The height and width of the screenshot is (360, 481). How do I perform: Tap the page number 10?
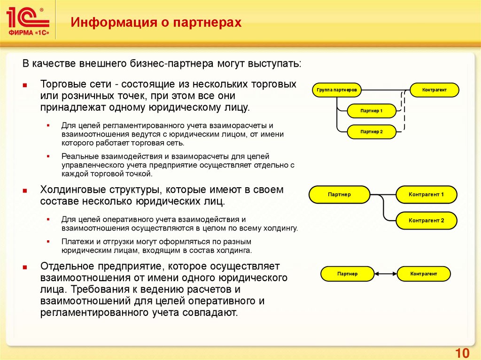pyautogui.click(x=462, y=353)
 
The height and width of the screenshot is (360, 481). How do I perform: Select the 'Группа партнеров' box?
pyautogui.click(x=336, y=89)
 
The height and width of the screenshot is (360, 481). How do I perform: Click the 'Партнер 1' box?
pyautogui.click(x=372, y=111)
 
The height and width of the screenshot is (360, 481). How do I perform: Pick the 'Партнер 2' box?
pyautogui.click(x=372, y=132)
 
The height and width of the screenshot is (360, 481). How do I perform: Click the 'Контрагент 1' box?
pyautogui.click(x=426, y=194)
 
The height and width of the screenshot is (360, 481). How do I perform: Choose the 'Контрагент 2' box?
pyautogui.click(x=426, y=220)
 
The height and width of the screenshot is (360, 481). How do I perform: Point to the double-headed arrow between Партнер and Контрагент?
pyautogui.click(x=386, y=274)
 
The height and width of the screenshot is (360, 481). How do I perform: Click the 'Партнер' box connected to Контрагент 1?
pyautogui.click(x=339, y=194)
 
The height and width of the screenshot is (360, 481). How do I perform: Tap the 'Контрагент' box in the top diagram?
pyautogui.click(x=434, y=89)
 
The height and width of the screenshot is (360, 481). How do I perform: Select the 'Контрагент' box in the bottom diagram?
pyautogui.click(x=424, y=274)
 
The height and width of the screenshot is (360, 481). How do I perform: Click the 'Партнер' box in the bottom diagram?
pyautogui.click(x=347, y=274)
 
